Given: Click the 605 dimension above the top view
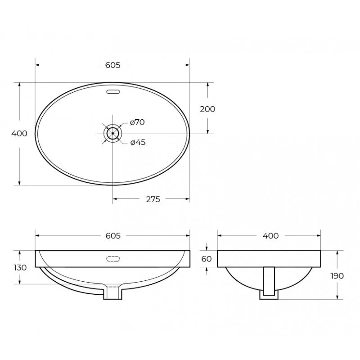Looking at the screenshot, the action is point(113,65).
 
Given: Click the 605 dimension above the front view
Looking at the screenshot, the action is point(113,236).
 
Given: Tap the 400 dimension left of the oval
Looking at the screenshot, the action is point(19,133).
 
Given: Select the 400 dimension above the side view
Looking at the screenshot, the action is point(270,236).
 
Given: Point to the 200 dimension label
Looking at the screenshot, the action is point(207,109).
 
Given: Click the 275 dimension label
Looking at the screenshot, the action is point(153,199).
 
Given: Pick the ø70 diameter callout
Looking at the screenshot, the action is point(137,122).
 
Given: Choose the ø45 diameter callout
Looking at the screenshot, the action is point(138,142).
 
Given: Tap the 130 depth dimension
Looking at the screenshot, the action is point(20,267).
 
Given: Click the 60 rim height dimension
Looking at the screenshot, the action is point(206,259).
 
